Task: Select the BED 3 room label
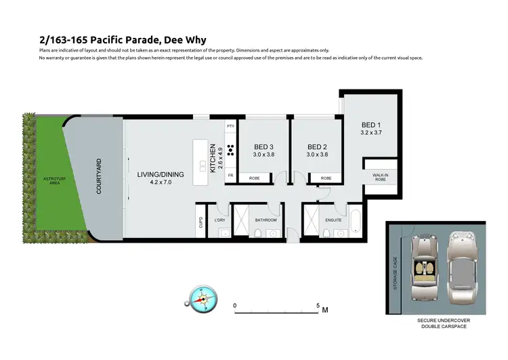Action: point(264,147)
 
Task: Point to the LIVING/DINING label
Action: point(160,174)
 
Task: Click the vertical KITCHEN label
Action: point(213,157)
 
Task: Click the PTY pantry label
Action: point(230,127)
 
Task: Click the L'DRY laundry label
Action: point(219,220)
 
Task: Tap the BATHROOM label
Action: point(266,220)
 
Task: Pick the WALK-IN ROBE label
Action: point(380,178)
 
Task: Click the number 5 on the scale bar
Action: point(318,306)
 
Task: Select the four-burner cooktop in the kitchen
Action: point(230,151)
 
